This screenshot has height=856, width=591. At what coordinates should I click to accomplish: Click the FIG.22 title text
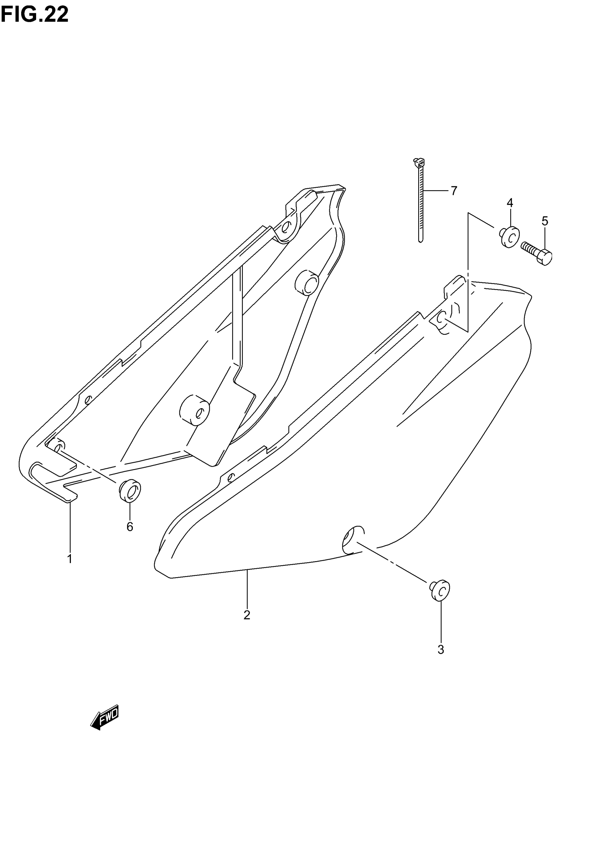tap(34, 15)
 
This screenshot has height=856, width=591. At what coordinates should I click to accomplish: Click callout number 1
tap(70, 559)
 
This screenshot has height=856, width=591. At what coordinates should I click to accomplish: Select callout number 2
tap(247, 615)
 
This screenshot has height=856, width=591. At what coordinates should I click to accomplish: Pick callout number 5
tap(545, 221)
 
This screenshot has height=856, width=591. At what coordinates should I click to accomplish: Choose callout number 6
tap(130, 526)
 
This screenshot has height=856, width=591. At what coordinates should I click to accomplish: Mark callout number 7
tap(454, 191)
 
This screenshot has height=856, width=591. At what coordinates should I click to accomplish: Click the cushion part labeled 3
tap(440, 589)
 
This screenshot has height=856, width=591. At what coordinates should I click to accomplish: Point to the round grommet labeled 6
tap(130, 491)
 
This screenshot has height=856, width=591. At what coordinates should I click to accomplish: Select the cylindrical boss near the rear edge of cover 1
tap(307, 283)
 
